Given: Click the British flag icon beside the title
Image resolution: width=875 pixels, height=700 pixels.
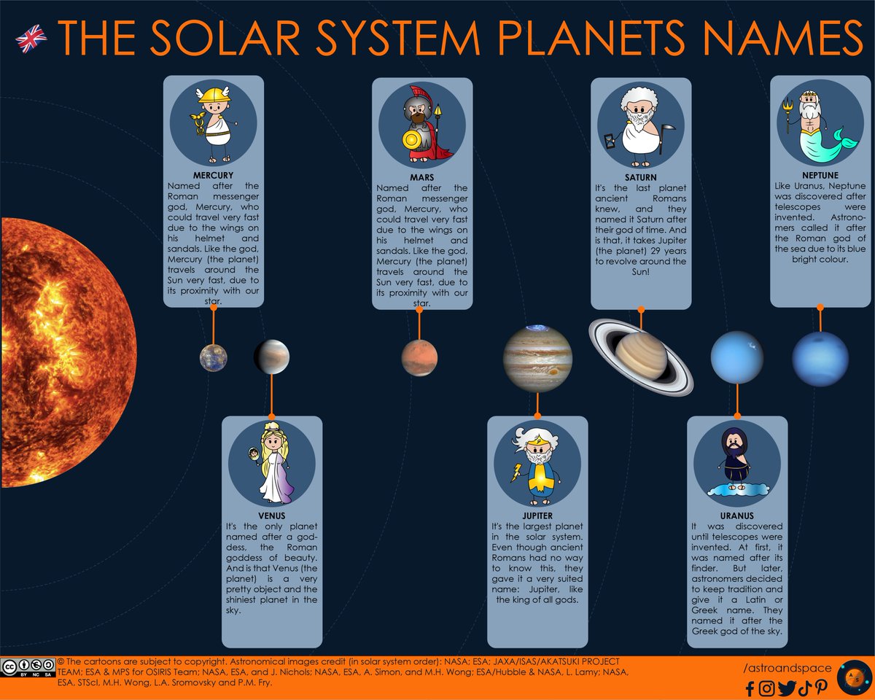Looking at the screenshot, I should tap(31, 38).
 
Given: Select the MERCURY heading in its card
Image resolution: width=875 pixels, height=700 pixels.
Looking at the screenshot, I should tap(213, 176).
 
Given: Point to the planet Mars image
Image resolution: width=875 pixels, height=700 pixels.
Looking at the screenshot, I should tap(419, 358).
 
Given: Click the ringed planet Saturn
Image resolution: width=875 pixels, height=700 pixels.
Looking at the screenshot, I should tap(641, 355).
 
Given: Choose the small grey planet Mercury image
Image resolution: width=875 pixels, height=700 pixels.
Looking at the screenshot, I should tap(213, 358).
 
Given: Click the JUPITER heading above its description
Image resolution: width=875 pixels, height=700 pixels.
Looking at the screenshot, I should tap(537, 516).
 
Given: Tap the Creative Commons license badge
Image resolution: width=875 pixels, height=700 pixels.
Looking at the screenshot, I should tap(28, 668).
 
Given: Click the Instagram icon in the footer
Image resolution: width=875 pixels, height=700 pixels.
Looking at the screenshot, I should tap(766, 687).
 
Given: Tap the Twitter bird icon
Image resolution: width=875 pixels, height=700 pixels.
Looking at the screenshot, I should tap(786, 687).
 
